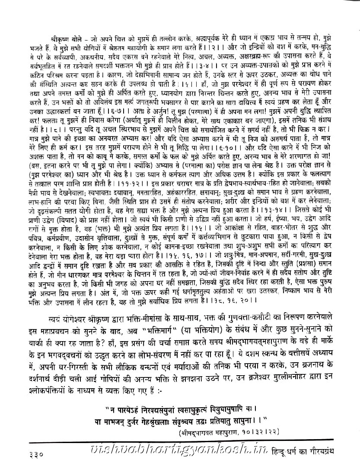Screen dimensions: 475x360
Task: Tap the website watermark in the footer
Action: [182, 460]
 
